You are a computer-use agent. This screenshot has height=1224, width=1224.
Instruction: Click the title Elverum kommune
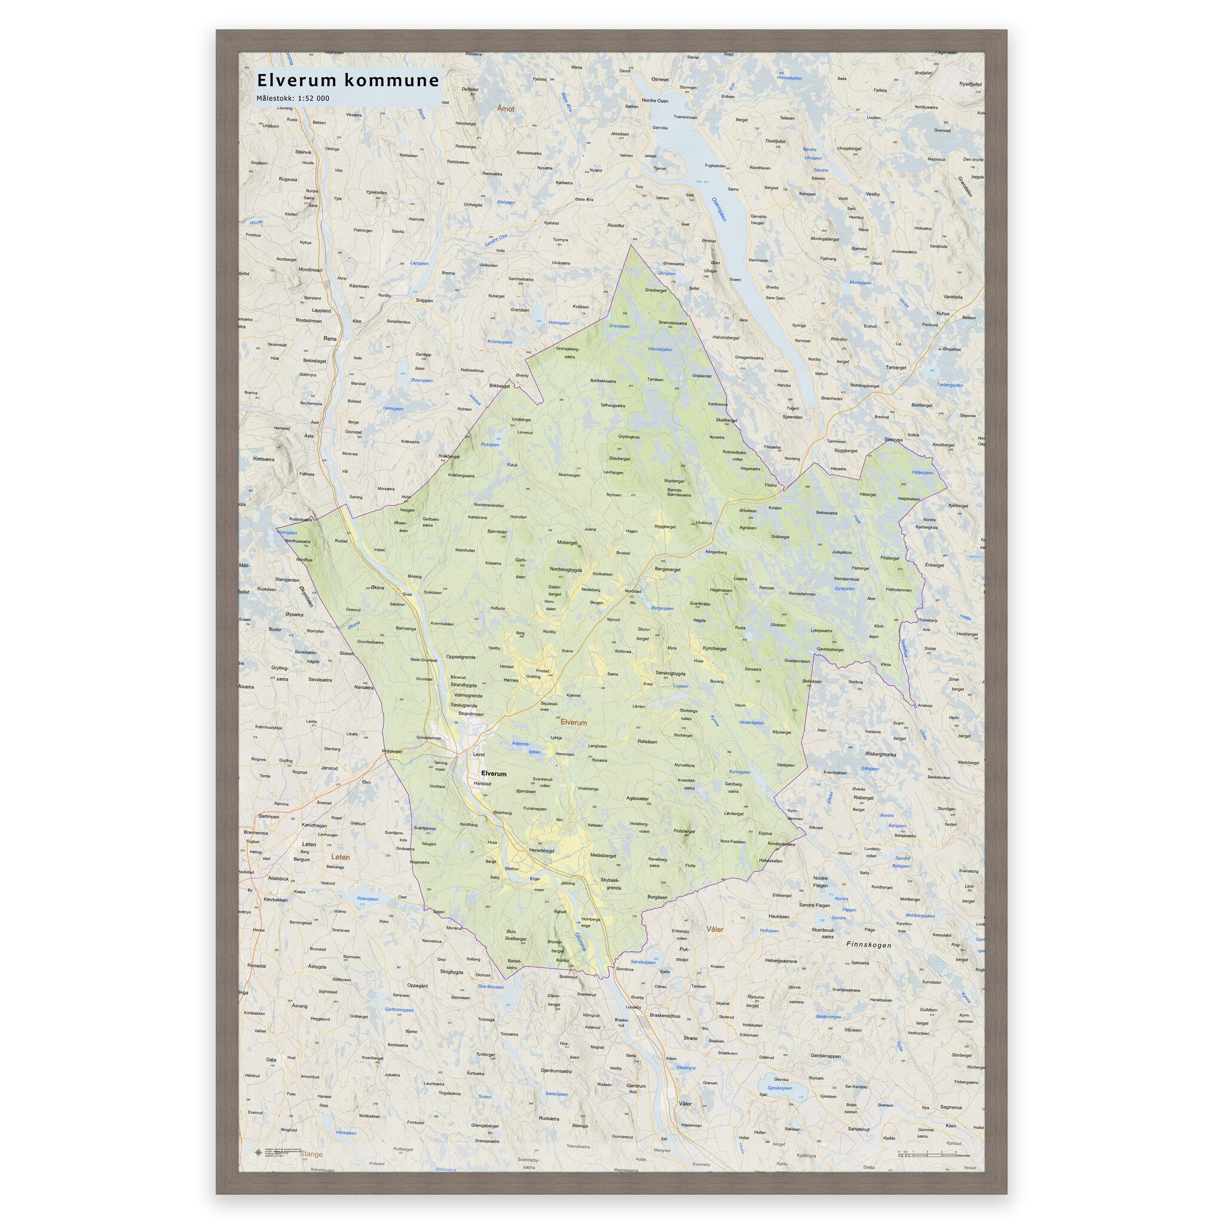pyautogui.click(x=347, y=81)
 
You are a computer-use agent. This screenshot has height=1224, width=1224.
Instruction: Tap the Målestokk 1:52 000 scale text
pyautogui.click(x=293, y=98)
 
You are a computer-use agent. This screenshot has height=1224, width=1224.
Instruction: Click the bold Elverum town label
pyautogui.click(x=494, y=773)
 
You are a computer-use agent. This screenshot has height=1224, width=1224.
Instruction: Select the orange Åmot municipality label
pyautogui.click(x=506, y=109)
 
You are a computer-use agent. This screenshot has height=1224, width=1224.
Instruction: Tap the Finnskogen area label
pyautogui.click(x=868, y=963)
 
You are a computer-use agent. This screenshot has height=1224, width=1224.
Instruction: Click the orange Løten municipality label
pyautogui.click(x=340, y=857)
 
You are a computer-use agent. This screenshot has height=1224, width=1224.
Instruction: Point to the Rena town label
pyautogui.click(x=329, y=339)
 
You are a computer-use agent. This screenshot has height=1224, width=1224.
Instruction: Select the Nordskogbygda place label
pyautogui.click(x=566, y=570)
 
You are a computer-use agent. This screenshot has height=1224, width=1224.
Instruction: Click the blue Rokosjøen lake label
pyautogui.click(x=368, y=899)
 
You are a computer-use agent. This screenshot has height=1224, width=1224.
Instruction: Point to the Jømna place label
pyautogui.click(x=567, y=883)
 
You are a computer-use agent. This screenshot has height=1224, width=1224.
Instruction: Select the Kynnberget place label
pyautogui.click(x=715, y=648)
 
